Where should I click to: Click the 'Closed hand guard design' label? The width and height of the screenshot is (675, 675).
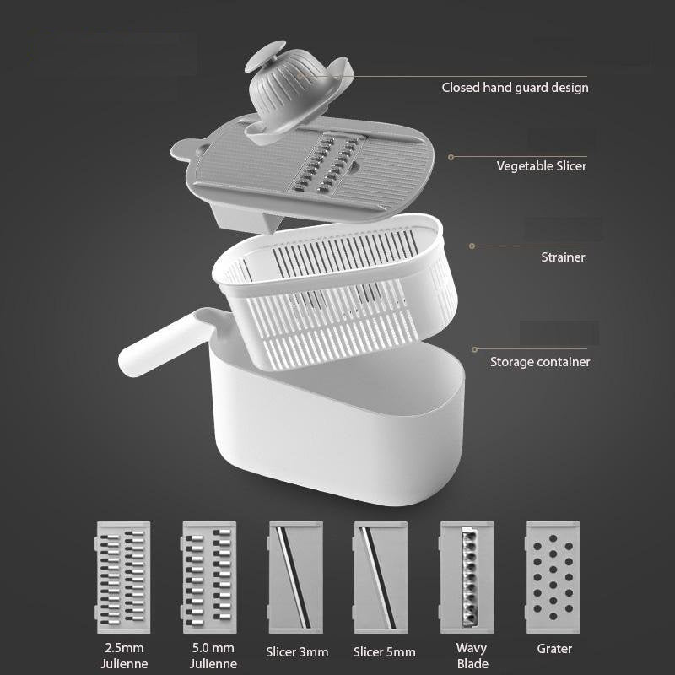tap(515, 88)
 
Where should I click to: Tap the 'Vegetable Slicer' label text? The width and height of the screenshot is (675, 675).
tap(541, 166)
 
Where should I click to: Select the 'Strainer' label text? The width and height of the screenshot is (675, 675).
tap(563, 256)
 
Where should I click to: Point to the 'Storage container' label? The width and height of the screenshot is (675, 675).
tap(540, 362)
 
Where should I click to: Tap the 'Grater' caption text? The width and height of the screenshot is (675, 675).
tap(554, 649)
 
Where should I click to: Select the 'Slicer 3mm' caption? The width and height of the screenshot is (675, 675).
tap(296, 651)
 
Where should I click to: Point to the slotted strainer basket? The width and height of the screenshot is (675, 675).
tap(337, 304)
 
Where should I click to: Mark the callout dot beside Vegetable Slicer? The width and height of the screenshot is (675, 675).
tap(451, 157)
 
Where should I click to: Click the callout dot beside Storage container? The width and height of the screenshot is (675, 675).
tap(475, 348)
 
